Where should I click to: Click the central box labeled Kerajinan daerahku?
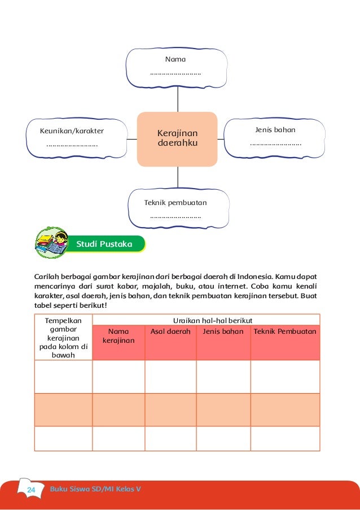tap(178, 139)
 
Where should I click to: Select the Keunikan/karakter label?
tap(72, 131)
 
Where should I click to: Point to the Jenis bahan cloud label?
tap(275, 130)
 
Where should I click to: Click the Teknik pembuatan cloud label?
tap(175, 202)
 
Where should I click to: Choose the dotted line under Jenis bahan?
tap(275, 145)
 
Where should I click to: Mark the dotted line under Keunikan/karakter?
tap(72, 146)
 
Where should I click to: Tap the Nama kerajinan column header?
tap(118, 336)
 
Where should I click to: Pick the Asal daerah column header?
tap(170, 331)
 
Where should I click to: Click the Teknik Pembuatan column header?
tap(285, 331)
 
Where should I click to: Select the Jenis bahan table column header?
tap(223, 331)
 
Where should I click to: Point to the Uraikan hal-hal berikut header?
tap(205, 320)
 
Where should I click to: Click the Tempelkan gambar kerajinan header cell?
tap(63, 337)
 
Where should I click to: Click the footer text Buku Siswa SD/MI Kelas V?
tap(96, 489)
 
